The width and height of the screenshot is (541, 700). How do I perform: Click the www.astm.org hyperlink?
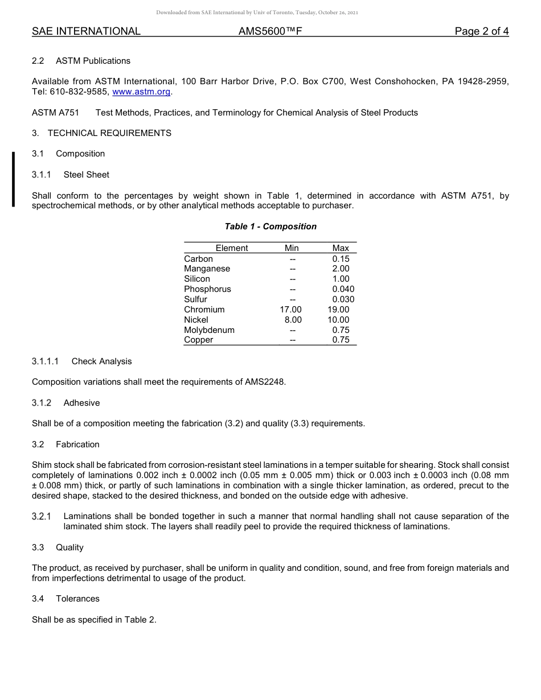[141, 92]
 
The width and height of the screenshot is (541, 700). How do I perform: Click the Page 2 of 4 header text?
[481, 31]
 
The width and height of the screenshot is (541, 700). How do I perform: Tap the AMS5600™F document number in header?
[270, 31]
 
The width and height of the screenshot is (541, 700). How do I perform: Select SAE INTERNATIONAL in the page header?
[86, 31]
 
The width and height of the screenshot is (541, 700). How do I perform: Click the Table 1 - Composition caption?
[270, 227]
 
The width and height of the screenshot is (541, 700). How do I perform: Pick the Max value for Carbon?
[341, 258]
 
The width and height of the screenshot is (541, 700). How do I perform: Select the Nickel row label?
[196, 320]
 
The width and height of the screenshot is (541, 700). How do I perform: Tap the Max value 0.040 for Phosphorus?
[343, 289]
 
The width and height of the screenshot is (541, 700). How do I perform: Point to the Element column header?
[232, 248]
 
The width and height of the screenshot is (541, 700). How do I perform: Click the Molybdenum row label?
[209, 330]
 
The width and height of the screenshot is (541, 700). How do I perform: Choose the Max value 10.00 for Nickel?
[338, 320]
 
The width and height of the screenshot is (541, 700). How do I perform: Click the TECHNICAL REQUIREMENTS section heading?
[109, 133]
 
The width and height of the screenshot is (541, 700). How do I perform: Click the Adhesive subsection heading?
[81, 403]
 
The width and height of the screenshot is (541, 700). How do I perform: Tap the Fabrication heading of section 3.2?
[77, 444]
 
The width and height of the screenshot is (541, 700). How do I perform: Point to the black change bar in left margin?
[13, 179]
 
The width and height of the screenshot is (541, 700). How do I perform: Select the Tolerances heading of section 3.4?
[77, 599]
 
